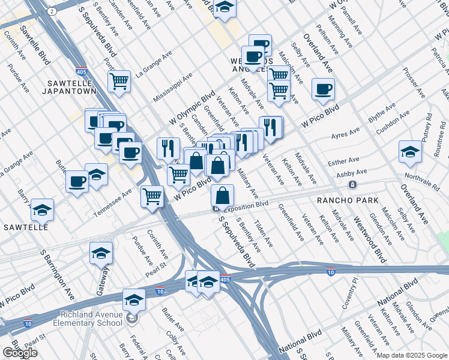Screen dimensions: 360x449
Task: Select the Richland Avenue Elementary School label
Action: click(91, 319)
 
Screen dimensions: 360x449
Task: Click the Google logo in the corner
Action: click(20, 353)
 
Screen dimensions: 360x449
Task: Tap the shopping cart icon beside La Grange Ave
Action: click(119, 81)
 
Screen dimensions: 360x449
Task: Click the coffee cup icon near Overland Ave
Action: click(323, 89)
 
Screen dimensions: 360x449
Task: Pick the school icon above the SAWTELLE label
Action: click(42, 209)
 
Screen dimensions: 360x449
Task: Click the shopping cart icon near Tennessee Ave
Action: click(152, 196)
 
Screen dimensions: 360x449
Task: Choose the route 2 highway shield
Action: click(53, 11)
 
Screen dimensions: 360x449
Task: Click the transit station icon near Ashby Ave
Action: click(353, 184)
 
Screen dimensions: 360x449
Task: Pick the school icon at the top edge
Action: click(225, 8)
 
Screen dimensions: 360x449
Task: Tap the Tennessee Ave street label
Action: click(112, 203)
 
